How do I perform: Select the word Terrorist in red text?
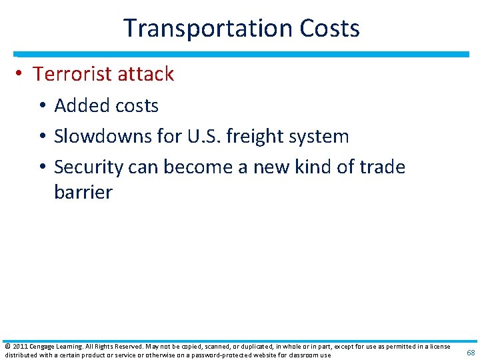point(74,74)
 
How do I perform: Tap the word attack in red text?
point(147,74)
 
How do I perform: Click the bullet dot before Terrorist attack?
point(23,75)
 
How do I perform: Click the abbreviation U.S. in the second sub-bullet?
point(202,137)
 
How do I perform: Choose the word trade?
point(380,167)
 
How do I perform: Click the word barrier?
point(83,193)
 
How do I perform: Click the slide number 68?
point(471,352)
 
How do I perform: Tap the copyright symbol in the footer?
point(7,347)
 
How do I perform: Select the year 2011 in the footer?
point(19,347)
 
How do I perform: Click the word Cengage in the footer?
point(43,347)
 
